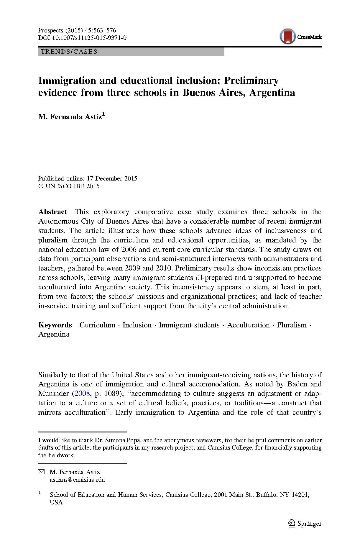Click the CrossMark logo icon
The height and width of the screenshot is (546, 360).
pos(287,37)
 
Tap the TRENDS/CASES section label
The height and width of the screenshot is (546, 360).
pos(69,52)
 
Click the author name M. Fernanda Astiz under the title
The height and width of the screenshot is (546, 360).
pos(70,117)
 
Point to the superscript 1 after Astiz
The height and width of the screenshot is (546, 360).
pos(103,114)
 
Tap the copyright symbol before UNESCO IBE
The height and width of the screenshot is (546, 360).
pos(41,186)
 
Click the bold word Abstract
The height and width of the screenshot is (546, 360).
pos(53,212)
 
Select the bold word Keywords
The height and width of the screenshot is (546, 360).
pos(55,325)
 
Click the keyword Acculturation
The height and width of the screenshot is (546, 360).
pos(248,325)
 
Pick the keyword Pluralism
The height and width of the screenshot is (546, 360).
pos(292,325)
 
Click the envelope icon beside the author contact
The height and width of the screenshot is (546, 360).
pos(42,472)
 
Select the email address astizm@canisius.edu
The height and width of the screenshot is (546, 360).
pos(77,480)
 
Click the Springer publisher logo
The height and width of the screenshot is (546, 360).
pos(305,523)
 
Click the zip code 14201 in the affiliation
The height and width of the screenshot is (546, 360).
pos(300,495)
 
